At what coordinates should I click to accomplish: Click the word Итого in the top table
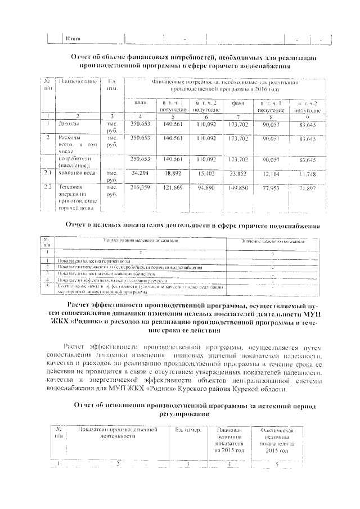[x=73, y=38]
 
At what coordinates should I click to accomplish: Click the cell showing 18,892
[x=173, y=174]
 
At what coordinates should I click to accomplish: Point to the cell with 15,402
[x=206, y=174]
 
